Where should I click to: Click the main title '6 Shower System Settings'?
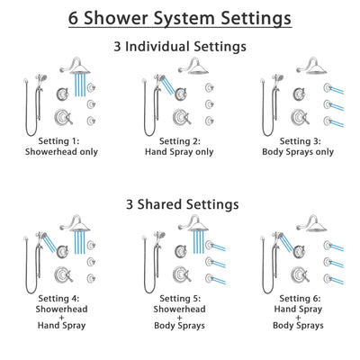(x=179, y=17)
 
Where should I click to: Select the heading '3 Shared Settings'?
(x=179, y=203)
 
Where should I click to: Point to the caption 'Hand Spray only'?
(x=181, y=152)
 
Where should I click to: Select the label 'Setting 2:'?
(x=180, y=141)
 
